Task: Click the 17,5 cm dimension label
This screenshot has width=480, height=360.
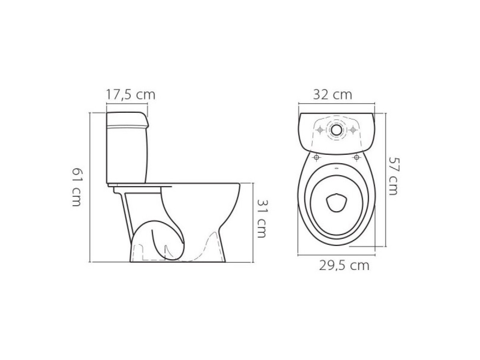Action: pyautogui.click(x=131, y=95)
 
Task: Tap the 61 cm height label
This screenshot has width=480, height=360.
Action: pyautogui.click(x=77, y=187)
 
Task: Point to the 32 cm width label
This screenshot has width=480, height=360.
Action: pyautogui.click(x=332, y=95)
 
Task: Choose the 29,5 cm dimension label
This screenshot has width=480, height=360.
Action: pyautogui.click(x=344, y=265)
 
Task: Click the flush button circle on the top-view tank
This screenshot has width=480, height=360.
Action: pyautogui.click(x=336, y=130)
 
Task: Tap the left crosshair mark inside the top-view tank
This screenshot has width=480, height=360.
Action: pyautogui.click(x=320, y=130)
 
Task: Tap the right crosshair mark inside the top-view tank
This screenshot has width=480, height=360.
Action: pyautogui.click(x=352, y=130)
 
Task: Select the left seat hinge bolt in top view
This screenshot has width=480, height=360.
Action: pyautogui.click(x=316, y=157)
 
